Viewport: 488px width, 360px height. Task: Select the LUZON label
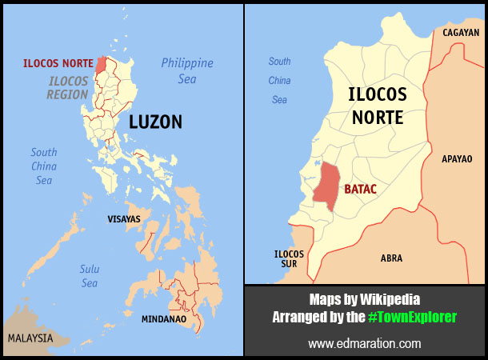click(x=155, y=122)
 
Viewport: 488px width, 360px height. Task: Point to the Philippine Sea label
click(x=187, y=70)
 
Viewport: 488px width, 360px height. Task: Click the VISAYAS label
click(x=124, y=218)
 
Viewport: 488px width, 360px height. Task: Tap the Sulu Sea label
click(x=89, y=276)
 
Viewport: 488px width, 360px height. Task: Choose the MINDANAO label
click(x=164, y=318)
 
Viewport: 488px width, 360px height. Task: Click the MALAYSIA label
click(x=30, y=338)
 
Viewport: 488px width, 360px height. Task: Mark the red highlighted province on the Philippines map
click(x=100, y=65)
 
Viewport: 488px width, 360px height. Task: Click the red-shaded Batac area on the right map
click(x=326, y=183)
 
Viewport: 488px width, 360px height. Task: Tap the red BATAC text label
click(x=362, y=190)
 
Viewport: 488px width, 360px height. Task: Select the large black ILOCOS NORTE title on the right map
click(x=377, y=106)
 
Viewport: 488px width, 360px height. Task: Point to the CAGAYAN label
click(x=460, y=33)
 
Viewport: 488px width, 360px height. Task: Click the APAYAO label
click(x=458, y=159)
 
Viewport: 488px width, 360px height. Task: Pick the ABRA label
click(x=392, y=258)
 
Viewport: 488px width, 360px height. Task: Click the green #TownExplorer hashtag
click(x=412, y=318)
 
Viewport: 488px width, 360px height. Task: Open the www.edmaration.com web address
click(x=365, y=343)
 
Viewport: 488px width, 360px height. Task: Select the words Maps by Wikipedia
click(x=365, y=299)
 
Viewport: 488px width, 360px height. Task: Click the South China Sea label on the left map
click(x=44, y=166)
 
